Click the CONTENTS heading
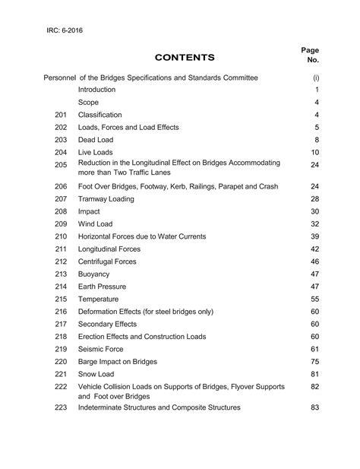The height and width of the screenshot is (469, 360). (185, 57)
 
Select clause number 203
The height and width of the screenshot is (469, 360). (62, 140)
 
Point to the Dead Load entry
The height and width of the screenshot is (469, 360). (96, 140)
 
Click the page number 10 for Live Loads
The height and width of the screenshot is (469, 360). (314, 153)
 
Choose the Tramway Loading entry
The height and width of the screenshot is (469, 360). (106, 199)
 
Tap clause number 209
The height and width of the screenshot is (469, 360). (62, 224)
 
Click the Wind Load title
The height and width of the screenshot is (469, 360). (95, 224)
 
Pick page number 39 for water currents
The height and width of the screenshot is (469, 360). (314, 236)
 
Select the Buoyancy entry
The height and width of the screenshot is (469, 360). (93, 274)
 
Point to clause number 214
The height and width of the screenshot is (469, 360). (62, 287)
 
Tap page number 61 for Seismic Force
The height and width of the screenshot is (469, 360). (314, 349)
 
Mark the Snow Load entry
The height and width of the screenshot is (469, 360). (96, 374)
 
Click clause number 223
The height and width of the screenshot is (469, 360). (62, 407)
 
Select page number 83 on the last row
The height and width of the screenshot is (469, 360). (314, 407)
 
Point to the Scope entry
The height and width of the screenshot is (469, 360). (88, 102)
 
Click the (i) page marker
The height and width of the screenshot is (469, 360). (314, 78)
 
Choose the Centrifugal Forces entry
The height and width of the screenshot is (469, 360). (107, 261)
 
